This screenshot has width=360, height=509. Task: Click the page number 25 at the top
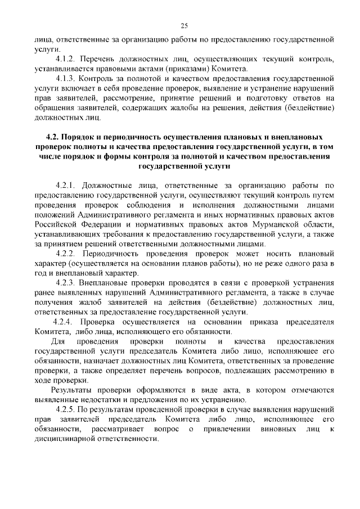point(184,25)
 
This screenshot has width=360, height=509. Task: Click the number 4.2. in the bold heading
point(55,137)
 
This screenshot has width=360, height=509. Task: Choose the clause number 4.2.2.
point(67,254)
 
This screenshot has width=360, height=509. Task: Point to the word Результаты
point(73,389)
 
